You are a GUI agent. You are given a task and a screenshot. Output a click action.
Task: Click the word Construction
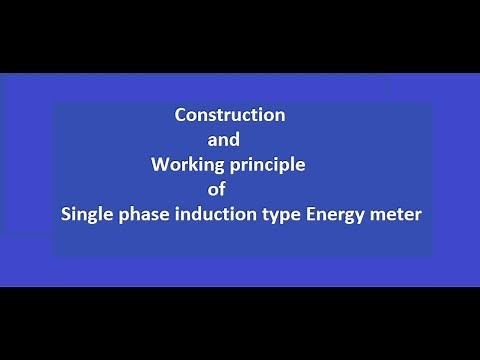pyautogui.click(x=230, y=115)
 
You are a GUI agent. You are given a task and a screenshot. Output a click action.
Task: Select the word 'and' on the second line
pyautogui.click(x=221, y=140)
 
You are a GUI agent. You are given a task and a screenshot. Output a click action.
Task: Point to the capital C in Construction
pyautogui.click(x=181, y=115)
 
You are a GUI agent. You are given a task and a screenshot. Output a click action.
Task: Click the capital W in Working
pyautogui.click(x=158, y=164)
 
